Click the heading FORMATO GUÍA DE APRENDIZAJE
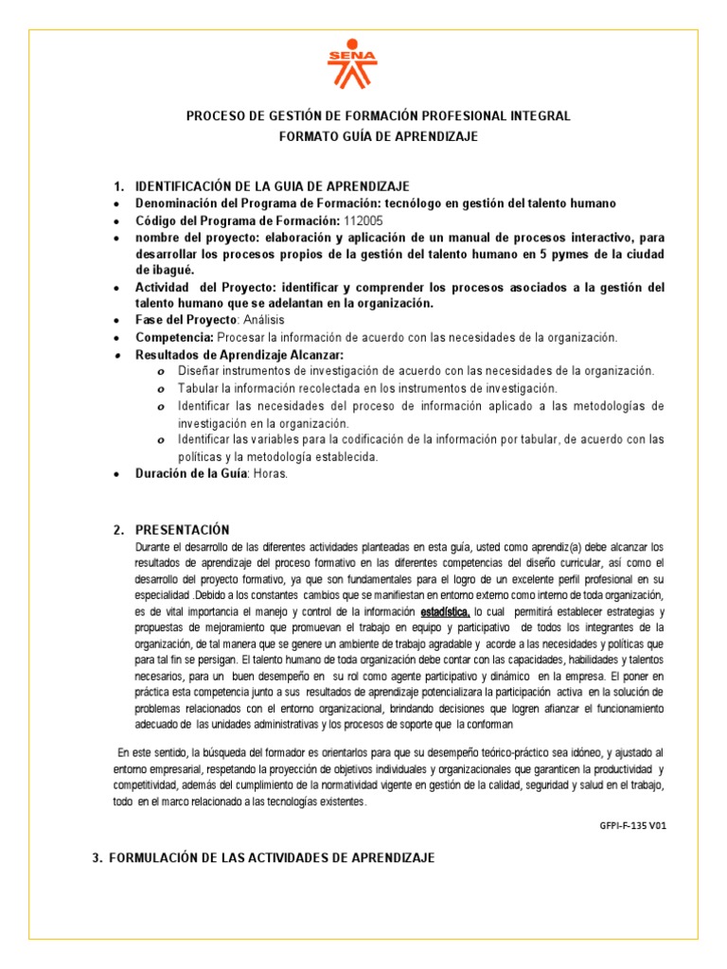[x=378, y=136]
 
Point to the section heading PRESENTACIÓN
[x=182, y=530]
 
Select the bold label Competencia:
[x=175, y=337]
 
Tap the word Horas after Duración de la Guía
[x=269, y=474]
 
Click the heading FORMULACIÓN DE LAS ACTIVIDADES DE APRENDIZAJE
[x=272, y=857]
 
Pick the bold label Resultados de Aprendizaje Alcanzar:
[x=239, y=355]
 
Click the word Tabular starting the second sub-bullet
[x=198, y=388]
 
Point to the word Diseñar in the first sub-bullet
[x=199, y=371]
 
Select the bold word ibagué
[x=158, y=270]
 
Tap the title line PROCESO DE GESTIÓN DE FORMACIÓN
[x=378, y=116]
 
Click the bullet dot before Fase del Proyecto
[x=115, y=321]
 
